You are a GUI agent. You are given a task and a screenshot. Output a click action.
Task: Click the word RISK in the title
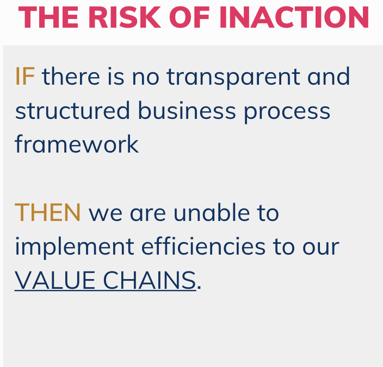pyautogui.click(x=125, y=17)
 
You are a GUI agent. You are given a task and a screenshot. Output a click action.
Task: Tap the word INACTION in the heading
pyautogui.click(x=294, y=17)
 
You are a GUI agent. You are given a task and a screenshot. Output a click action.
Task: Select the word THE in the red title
pyautogui.click(x=48, y=17)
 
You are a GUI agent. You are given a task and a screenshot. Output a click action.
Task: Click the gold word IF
pyautogui.click(x=24, y=76)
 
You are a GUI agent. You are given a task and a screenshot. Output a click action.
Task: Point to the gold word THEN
pyautogui.click(x=48, y=212)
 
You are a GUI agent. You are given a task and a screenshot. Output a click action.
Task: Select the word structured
pyautogui.click(x=72, y=110)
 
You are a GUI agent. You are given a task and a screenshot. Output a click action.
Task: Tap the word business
pyautogui.click(x=187, y=110)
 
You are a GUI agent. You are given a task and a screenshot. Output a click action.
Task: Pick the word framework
pyautogui.click(x=77, y=144)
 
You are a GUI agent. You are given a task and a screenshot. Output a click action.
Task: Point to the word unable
pyautogui.click(x=212, y=212)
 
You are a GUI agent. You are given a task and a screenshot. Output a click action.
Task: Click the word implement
pyautogui.click(x=75, y=248)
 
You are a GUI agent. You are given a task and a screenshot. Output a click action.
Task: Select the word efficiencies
pyautogui.click(x=203, y=246)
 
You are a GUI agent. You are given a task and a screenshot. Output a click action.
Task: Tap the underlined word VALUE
pyautogui.click(x=55, y=280)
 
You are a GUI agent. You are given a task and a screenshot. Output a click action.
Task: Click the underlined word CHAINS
pyautogui.click(x=150, y=280)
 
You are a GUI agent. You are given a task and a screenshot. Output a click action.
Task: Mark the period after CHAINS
pyautogui.click(x=199, y=288)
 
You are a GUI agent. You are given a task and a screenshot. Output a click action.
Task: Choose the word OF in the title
pyautogui.click(x=189, y=17)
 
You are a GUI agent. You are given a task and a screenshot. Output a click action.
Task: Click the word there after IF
pyautogui.click(x=71, y=76)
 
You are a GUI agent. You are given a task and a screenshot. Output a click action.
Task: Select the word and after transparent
pyautogui.click(x=329, y=76)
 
